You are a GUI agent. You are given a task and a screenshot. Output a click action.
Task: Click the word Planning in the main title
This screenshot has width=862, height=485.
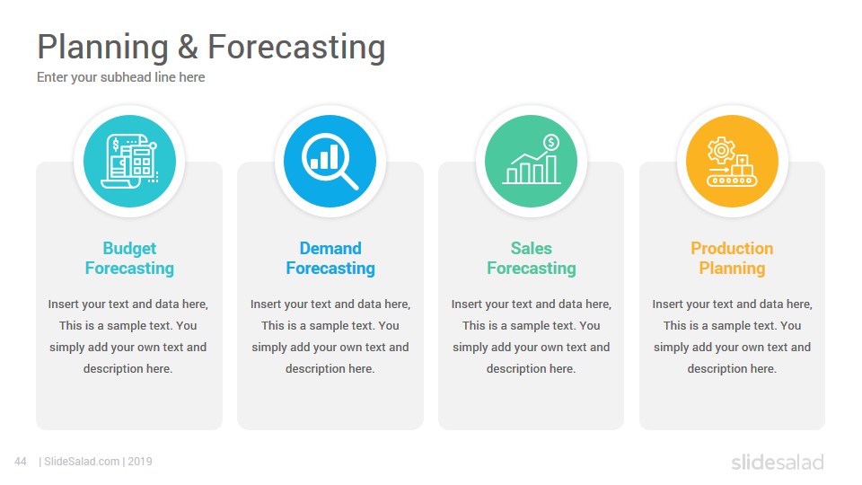(x=102, y=48)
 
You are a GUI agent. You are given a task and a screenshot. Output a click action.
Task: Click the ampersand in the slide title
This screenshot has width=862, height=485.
(x=188, y=47)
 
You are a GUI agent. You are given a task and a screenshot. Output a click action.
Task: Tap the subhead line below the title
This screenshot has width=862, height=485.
(x=121, y=77)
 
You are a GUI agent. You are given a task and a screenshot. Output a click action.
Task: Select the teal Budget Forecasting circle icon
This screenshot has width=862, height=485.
(x=129, y=161)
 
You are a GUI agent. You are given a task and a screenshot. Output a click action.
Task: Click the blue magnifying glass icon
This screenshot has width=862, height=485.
(x=330, y=161)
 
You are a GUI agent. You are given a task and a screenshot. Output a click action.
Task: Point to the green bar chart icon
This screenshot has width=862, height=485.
(x=532, y=160)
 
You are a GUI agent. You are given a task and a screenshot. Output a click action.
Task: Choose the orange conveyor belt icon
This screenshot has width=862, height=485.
(x=732, y=161)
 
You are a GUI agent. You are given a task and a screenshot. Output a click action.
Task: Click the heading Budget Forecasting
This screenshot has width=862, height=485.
(x=129, y=258)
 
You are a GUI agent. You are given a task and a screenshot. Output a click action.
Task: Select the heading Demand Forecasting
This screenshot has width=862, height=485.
(x=330, y=258)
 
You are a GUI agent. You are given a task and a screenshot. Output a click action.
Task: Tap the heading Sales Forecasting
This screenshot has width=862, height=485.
(x=532, y=258)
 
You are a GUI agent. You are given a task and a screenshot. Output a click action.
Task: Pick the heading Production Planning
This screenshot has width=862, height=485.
(x=733, y=258)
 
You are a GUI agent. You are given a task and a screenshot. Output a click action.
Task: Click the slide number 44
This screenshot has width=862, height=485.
(x=21, y=462)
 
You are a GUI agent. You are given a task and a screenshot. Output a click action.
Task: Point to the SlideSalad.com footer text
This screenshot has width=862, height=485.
(x=83, y=462)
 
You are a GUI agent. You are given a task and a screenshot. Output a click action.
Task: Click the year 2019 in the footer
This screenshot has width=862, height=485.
(x=140, y=462)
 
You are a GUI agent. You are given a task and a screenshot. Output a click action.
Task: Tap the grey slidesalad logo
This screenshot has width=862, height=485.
(x=778, y=462)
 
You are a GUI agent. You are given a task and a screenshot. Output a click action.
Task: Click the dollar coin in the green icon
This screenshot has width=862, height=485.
(x=550, y=143)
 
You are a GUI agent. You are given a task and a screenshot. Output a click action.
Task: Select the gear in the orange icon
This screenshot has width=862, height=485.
(x=721, y=150)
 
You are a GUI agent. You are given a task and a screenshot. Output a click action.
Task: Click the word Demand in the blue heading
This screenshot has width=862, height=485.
(x=330, y=248)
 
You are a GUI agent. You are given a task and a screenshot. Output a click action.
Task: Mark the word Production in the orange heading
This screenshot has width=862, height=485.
(x=733, y=248)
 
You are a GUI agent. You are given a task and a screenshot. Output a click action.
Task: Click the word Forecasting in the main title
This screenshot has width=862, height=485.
(x=296, y=48)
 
